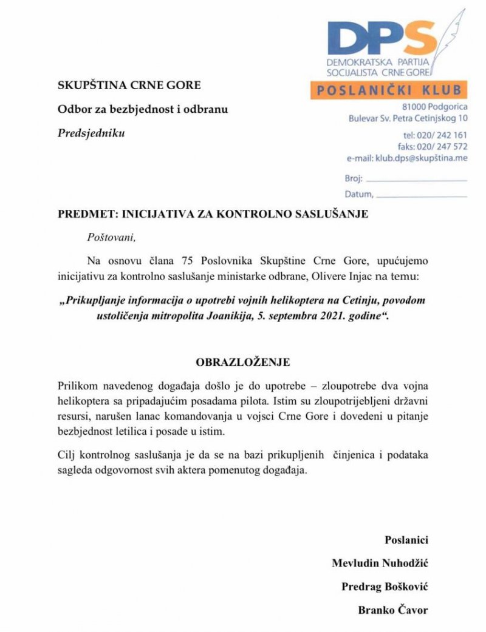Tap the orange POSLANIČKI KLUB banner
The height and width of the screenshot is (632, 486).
388,90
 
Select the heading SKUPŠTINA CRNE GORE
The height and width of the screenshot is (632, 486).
129,86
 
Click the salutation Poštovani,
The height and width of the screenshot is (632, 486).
109,237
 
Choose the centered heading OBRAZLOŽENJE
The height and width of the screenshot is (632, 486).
242,362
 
